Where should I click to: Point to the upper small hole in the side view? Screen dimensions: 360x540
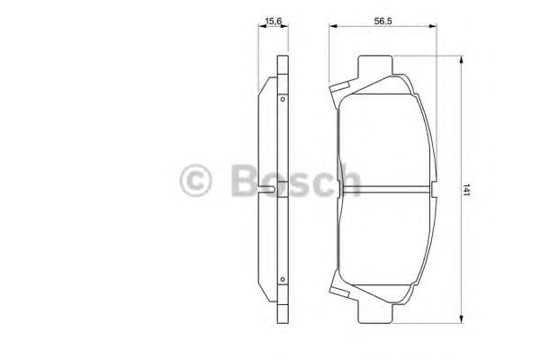tap(282, 99)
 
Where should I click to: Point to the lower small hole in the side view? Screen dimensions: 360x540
tap(282, 278)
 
